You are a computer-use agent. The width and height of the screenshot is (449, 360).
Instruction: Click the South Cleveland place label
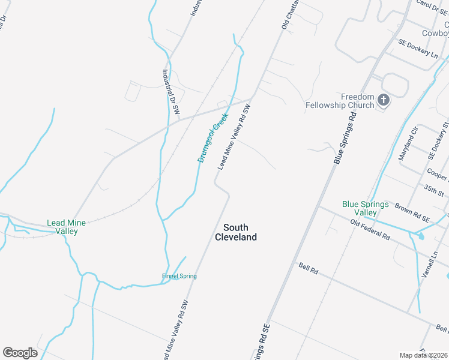(x=240, y=232)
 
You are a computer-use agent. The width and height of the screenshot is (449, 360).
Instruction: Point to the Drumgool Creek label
(x=213, y=137)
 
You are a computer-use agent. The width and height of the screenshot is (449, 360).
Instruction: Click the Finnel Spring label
(x=179, y=276)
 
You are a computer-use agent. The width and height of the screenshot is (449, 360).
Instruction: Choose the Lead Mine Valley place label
(x=66, y=227)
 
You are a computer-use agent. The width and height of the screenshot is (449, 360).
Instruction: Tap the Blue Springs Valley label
(x=360, y=208)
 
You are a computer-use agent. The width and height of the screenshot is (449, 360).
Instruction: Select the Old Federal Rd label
(x=370, y=230)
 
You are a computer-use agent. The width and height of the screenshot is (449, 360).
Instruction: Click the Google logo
(x=20, y=352)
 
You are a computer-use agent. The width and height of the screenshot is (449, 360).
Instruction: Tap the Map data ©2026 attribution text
(x=424, y=355)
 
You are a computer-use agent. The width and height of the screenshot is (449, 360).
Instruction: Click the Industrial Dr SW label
(x=171, y=91)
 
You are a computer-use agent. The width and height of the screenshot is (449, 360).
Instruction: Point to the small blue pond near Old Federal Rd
(x=419, y=236)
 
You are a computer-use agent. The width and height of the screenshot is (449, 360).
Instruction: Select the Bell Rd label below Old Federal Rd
(x=308, y=268)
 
